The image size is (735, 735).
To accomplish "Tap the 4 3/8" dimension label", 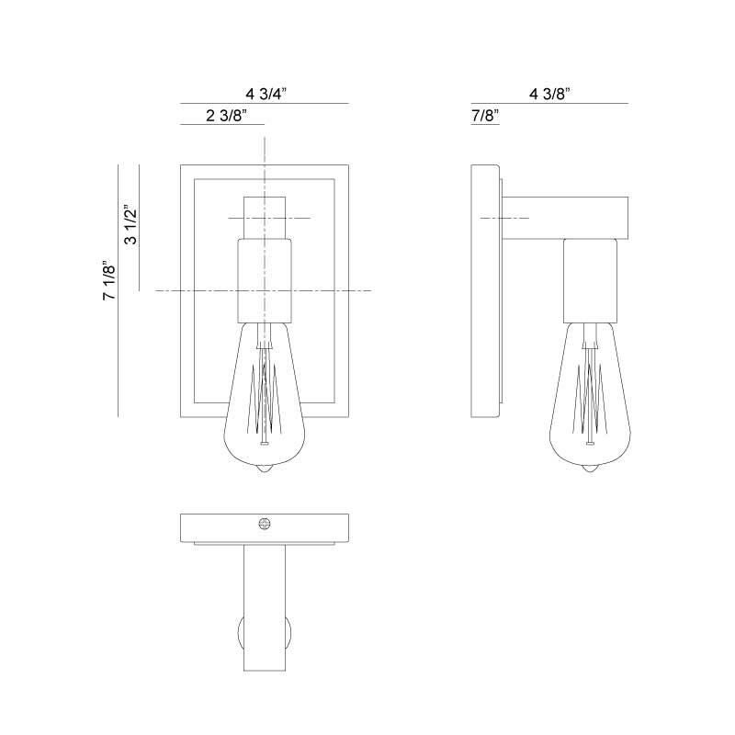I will click(550, 93).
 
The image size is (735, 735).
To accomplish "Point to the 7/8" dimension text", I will click(482, 115).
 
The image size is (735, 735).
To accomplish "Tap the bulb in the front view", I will click(265, 395).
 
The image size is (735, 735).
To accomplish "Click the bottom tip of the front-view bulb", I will click(265, 470).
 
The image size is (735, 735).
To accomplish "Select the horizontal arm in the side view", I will click(565, 217).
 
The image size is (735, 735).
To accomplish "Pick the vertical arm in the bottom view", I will click(265, 606).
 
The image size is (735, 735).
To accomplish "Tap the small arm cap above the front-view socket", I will click(265, 218).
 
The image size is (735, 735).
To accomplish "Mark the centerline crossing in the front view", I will click(265, 290).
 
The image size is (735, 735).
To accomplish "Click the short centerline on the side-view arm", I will click(504, 218).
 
